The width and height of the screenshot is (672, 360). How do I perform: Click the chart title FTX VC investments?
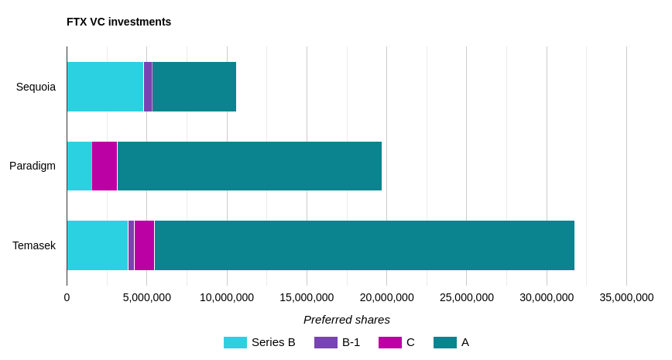coord(118,22)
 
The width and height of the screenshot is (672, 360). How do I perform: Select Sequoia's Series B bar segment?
coord(105,87)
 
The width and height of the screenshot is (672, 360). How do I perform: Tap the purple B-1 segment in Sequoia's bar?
coord(148,87)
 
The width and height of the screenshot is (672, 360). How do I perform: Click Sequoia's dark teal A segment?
coord(194,87)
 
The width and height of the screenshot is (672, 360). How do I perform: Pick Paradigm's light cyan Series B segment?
coord(79,166)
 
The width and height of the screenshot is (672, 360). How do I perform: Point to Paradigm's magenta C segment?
coord(105,166)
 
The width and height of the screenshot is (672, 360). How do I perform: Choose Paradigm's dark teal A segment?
coord(249,166)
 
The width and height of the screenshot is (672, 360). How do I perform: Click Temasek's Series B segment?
coord(98,245)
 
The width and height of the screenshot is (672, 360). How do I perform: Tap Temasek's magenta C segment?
coord(144,245)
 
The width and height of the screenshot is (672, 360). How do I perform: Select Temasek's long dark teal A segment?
coord(364,245)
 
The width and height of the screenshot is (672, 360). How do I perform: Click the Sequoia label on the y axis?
coord(36,87)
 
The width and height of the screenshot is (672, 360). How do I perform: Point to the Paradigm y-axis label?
coord(33,166)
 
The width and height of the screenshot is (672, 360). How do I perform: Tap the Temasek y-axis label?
coord(34,245)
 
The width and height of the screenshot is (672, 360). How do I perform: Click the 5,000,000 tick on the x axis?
coord(147,297)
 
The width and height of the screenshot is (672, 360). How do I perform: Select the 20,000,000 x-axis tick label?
coord(386,297)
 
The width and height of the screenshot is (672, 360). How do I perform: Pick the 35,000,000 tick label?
coord(626,297)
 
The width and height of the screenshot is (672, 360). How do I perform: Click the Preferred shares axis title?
coord(347,319)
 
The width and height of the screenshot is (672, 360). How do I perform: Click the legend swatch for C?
coord(390,342)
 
